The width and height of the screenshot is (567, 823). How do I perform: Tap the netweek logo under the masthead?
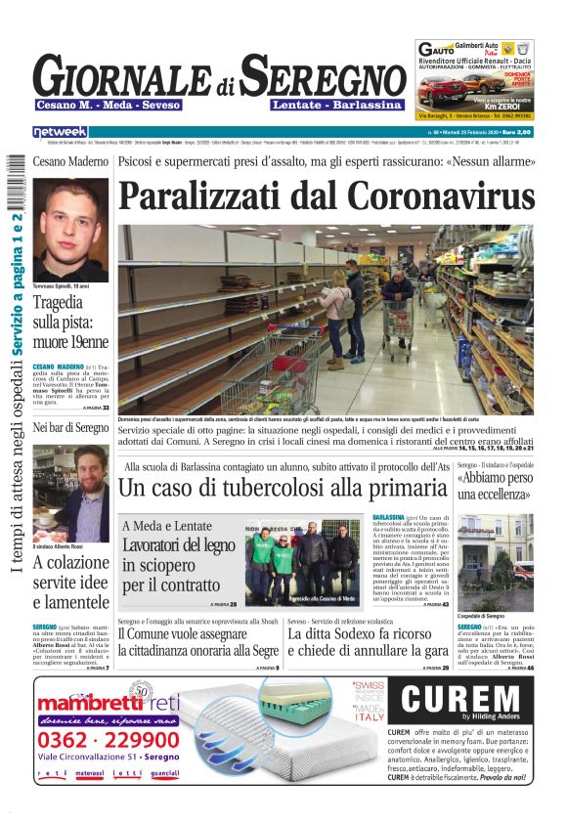point(60,131)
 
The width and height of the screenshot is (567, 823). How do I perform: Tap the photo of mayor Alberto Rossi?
point(70,494)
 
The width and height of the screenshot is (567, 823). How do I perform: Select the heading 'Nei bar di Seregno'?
point(70,428)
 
